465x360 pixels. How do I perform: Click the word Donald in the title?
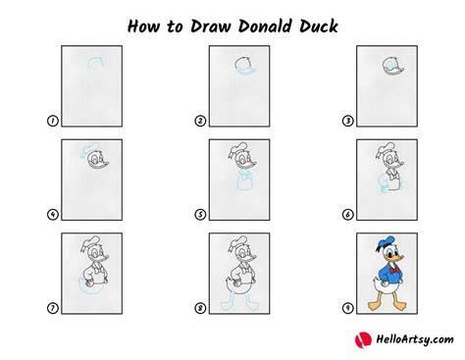click(x=265, y=26)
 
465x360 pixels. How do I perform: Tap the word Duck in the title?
click(x=318, y=26)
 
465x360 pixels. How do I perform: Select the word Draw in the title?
click(x=210, y=26)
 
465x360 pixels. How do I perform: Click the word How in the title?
click(x=143, y=26)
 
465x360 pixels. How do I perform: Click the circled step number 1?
click(x=53, y=121)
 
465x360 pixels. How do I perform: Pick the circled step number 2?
click(x=200, y=121)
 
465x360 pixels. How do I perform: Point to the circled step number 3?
click(x=347, y=121)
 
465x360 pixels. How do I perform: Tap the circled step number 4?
click(x=53, y=215)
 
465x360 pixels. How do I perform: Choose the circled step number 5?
click(x=200, y=215)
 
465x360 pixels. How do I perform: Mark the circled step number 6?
click(x=347, y=215)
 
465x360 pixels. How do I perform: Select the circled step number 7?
click(x=53, y=308)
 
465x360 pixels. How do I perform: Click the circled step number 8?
click(x=200, y=308)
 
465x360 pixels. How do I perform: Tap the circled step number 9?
click(x=347, y=308)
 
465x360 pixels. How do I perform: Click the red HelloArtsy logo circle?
click(x=363, y=340)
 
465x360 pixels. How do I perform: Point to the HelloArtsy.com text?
click(x=415, y=339)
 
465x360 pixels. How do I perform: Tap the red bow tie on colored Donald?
click(x=395, y=271)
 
